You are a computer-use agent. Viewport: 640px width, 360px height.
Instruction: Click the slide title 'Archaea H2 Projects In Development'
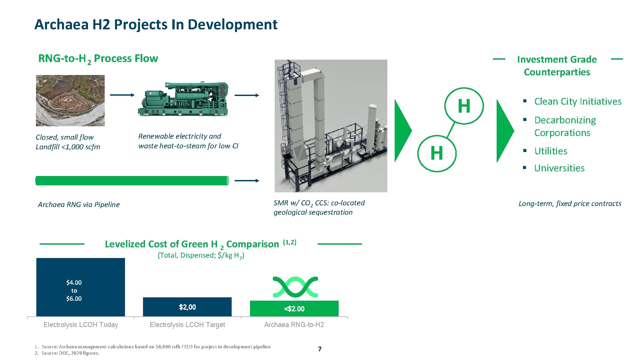[x=156, y=25]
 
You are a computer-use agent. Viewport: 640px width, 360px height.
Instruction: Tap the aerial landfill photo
[x=70, y=101]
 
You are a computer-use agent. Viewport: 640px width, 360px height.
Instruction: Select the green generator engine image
[x=183, y=99]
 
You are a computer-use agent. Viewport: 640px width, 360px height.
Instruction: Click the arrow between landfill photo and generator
[x=122, y=95]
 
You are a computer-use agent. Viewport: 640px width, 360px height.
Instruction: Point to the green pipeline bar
[x=132, y=181]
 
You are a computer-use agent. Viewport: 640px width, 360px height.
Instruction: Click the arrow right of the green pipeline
[x=247, y=181]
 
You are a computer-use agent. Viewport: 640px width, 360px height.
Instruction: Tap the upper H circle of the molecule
[x=464, y=106]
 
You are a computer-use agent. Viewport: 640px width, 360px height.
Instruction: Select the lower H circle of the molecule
[x=437, y=153]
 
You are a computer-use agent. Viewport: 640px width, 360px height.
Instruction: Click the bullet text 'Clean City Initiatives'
[x=578, y=101]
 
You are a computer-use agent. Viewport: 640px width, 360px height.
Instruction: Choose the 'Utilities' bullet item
[x=551, y=151]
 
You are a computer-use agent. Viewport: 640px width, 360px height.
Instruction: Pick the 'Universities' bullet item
[x=559, y=168]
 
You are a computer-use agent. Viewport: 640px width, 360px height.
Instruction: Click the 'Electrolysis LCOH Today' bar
[x=81, y=287]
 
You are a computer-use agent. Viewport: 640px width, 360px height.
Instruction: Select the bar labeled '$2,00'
[x=187, y=307]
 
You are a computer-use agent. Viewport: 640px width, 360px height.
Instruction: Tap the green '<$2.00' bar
[x=294, y=309]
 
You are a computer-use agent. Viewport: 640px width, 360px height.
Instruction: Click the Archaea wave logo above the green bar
[x=295, y=287]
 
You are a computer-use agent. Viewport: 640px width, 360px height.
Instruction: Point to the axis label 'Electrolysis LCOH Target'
[x=187, y=325]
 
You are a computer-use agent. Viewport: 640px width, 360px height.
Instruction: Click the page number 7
[x=320, y=349]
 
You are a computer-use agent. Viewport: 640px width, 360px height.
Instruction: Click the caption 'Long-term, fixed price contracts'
[x=570, y=204]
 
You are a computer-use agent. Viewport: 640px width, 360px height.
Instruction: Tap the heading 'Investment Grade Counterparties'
[x=557, y=66]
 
